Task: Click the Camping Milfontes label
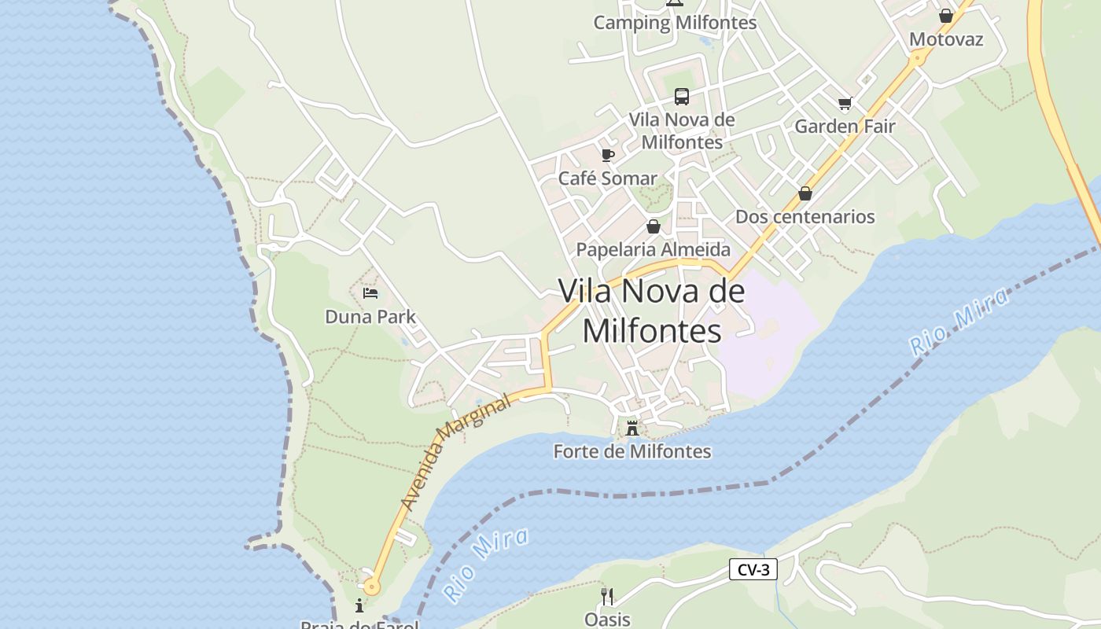click(x=675, y=23)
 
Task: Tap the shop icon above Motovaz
click(x=946, y=16)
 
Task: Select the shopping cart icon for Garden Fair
click(x=845, y=103)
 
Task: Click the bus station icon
click(x=682, y=97)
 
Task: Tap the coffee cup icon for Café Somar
click(x=607, y=155)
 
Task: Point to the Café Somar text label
click(x=607, y=178)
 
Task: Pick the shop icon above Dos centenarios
click(x=805, y=193)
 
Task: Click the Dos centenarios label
click(x=805, y=217)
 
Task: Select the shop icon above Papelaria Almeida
click(x=654, y=227)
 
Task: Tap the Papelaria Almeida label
click(x=653, y=250)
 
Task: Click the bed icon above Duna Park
click(x=370, y=294)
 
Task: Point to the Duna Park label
click(x=370, y=317)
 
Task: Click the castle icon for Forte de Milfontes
click(x=632, y=429)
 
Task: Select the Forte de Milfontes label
click(x=632, y=452)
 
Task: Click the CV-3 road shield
click(x=753, y=570)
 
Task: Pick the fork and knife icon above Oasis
click(x=606, y=596)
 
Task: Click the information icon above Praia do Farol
click(x=359, y=605)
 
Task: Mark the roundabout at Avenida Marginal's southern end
click(x=371, y=586)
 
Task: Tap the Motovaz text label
click(x=946, y=39)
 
